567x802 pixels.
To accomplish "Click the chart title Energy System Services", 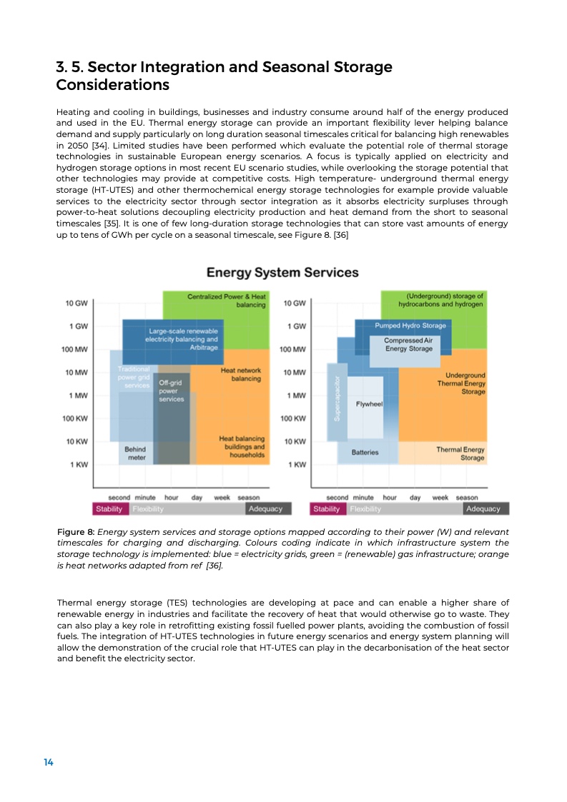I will [x=282, y=273].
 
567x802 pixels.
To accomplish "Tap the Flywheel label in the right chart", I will [x=370, y=404].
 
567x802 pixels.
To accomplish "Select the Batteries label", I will [x=365, y=452].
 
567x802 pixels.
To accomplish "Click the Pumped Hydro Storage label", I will [x=410, y=326].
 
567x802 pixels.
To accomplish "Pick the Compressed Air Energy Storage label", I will [x=409, y=345].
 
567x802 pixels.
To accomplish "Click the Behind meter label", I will [x=135, y=453].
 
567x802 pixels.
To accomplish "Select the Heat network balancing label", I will [x=241, y=374].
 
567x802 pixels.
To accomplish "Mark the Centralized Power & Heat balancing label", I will [x=227, y=300].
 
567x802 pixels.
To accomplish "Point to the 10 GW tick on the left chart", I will [x=77, y=303].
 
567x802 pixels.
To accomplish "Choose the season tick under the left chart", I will [x=249, y=497].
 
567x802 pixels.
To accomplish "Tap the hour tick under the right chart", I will [x=390, y=497].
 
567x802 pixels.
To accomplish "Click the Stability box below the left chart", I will [x=110, y=509].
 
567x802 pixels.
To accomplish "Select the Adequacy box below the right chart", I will [x=483, y=509].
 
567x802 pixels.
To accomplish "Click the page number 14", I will [x=49, y=763].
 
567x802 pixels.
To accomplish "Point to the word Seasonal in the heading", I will [x=301, y=67].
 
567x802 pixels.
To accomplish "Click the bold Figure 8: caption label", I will [x=76, y=532].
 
